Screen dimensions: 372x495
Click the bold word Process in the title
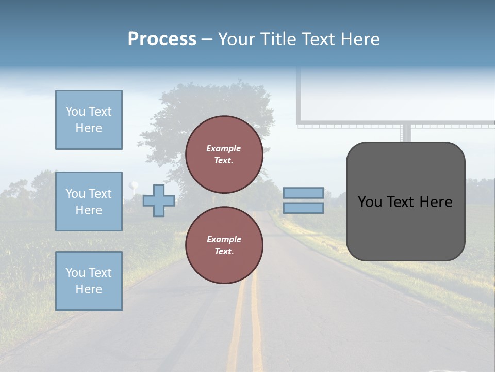pos(162,39)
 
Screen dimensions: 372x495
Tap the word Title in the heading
pos(278,39)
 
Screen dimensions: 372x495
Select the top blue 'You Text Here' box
pos(89,120)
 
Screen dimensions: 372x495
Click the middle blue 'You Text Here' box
pos(89,202)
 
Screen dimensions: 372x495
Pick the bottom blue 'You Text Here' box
pos(89,281)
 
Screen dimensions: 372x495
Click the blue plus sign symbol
pos(159,200)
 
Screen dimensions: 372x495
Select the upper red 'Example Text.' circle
pos(224,154)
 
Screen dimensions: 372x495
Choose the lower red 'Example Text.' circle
pos(224,245)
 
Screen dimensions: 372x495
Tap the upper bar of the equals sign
pos(303,193)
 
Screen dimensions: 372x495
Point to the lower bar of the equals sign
pos(303,208)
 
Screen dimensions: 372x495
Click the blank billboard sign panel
pos(397,96)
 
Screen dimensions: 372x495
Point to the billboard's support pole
pos(407,134)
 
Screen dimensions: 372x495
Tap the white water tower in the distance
pos(134,186)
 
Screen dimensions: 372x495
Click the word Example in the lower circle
pos(224,239)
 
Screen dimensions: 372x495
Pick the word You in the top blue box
pos(75,112)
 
